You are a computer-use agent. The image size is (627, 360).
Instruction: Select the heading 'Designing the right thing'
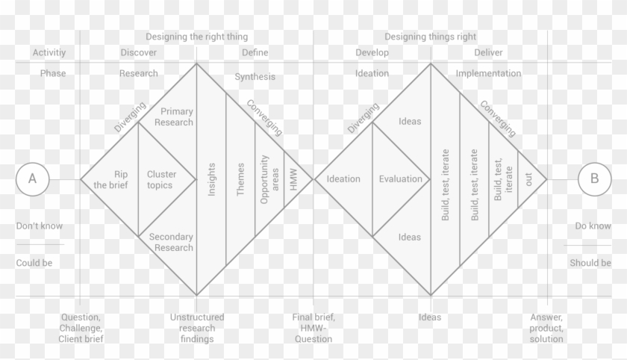click(x=197, y=37)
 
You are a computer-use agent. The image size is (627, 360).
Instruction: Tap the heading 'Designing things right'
click(x=430, y=37)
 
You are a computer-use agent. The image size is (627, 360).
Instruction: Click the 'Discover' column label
click(x=139, y=52)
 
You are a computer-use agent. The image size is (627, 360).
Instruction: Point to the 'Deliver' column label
click(x=488, y=52)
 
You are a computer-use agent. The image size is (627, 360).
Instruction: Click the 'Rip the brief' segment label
click(x=110, y=179)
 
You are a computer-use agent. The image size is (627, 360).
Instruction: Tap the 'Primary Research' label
click(x=174, y=117)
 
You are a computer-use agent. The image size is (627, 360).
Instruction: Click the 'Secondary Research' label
click(x=172, y=243)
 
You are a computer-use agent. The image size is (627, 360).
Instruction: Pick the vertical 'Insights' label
click(x=211, y=179)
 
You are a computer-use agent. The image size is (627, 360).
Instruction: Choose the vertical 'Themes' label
click(x=240, y=179)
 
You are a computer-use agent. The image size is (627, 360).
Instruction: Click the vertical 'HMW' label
click(x=293, y=179)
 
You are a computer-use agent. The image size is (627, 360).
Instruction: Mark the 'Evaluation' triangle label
click(x=401, y=179)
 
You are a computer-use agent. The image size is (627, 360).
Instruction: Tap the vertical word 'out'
click(x=528, y=179)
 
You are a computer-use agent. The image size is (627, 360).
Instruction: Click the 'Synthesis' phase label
click(x=255, y=77)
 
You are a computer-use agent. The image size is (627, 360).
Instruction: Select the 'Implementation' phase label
click(x=488, y=74)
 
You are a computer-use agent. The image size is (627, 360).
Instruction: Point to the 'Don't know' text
click(x=40, y=226)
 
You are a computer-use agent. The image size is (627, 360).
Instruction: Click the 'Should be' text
click(x=590, y=263)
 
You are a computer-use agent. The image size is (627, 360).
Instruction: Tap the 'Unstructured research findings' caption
click(x=197, y=328)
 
